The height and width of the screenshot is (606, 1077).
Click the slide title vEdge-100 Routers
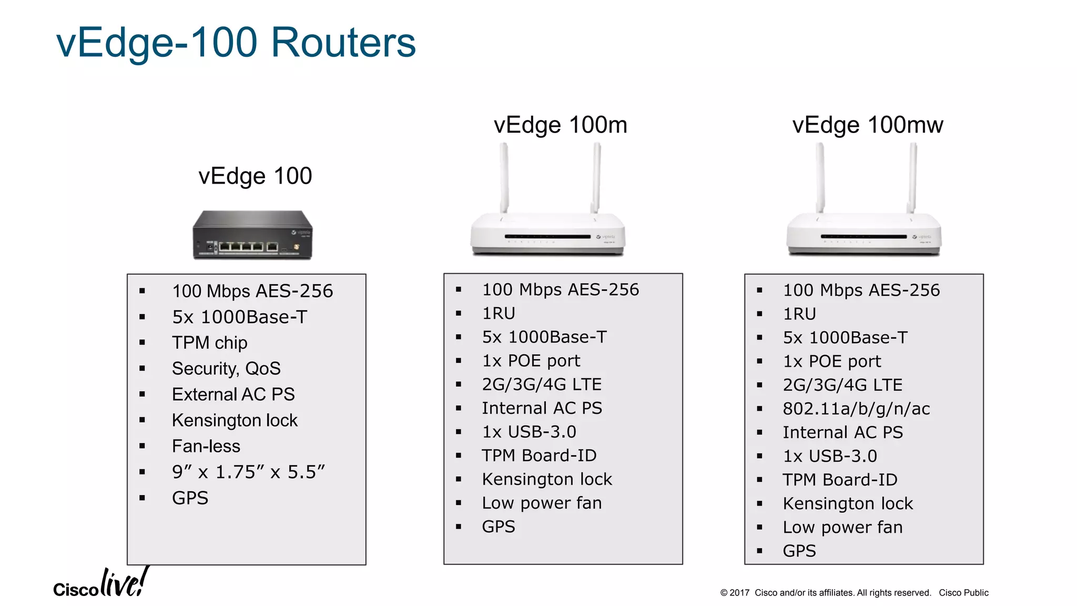(x=236, y=43)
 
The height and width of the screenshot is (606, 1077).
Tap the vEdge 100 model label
(x=255, y=176)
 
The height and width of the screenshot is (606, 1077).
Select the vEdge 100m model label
(x=560, y=125)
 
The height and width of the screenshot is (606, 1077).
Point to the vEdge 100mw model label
(x=867, y=125)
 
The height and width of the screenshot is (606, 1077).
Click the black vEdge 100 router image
(x=252, y=235)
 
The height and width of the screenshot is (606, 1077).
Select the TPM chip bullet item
(x=209, y=343)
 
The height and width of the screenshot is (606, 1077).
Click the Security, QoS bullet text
(x=226, y=369)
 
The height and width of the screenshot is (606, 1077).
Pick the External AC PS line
(x=233, y=395)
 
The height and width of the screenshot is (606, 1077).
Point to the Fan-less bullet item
(x=206, y=446)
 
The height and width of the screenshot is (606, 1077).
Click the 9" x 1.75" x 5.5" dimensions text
(x=248, y=472)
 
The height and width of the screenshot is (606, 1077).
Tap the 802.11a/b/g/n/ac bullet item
(x=856, y=409)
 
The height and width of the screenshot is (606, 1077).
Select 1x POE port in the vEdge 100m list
(x=531, y=361)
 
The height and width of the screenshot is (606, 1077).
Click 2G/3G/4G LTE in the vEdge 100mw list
(x=842, y=385)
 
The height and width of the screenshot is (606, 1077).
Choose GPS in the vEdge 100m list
(x=499, y=527)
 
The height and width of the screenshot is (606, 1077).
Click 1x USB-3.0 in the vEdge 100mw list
(x=830, y=456)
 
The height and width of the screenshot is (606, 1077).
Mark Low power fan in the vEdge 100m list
(x=542, y=503)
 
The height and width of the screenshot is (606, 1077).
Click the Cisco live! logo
(x=100, y=584)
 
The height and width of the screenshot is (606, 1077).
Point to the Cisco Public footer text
(x=963, y=593)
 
